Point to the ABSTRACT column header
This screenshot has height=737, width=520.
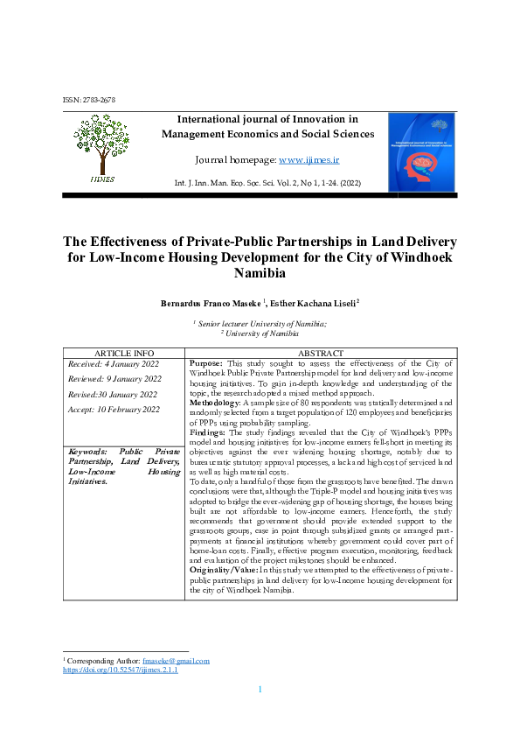point(322,352)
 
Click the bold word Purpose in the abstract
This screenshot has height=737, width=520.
point(206,362)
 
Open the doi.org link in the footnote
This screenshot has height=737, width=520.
point(120,670)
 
